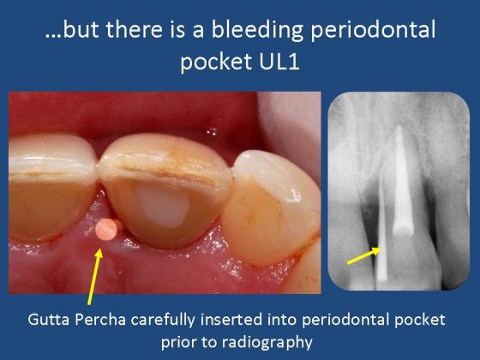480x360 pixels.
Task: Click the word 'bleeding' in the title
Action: [x=256, y=30]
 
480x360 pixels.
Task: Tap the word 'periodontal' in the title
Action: [x=373, y=30]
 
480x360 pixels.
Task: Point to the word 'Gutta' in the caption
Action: [x=49, y=320]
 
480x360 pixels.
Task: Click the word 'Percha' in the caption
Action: [x=100, y=320]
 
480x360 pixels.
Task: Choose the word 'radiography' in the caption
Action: [x=267, y=342]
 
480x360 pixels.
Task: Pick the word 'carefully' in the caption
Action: [x=163, y=321]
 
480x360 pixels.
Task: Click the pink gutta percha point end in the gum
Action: [x=106, y=230]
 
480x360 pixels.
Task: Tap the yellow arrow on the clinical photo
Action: [x=95, y=276]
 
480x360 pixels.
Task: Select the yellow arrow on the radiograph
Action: [x=364, y=255]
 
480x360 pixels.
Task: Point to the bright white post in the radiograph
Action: [x=402, y=181]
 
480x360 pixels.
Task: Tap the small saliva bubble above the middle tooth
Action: [x=212, y=132]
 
